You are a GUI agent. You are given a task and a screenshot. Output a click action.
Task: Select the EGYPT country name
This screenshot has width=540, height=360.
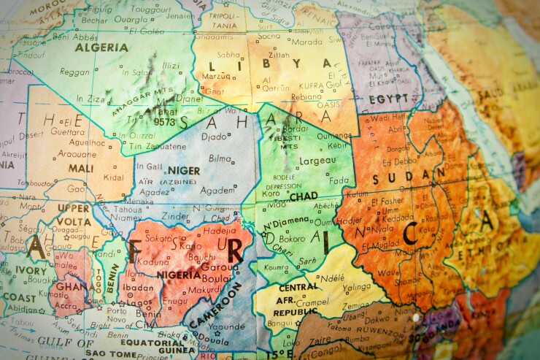(x=388, y=99)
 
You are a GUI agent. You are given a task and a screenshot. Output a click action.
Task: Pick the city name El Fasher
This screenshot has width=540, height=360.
(x=387, y=202)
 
